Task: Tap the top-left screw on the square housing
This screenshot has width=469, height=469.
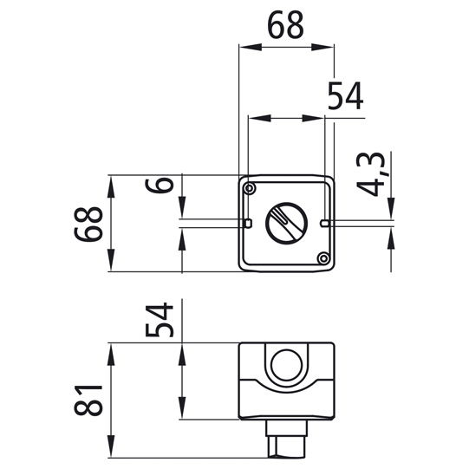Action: pos(251,188)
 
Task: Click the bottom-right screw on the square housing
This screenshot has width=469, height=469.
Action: pos(322,258)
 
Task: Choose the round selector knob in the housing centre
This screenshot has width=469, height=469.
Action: pos(285,223)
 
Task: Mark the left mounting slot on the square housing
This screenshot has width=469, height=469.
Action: pos(248,224)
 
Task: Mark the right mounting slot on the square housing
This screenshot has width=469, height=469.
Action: pos(323,224)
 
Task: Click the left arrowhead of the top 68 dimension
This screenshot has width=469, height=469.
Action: pos(244,47)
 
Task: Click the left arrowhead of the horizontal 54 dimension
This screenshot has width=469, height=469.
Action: pos(253,118)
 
